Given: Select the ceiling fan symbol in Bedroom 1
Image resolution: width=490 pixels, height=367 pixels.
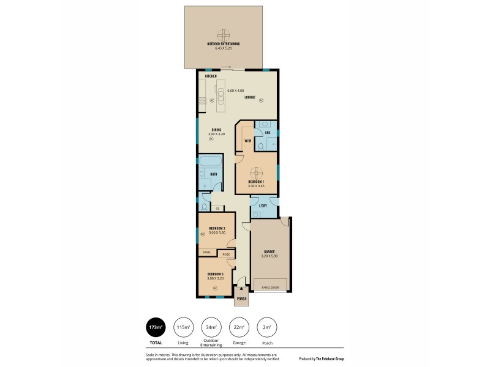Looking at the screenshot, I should click(x=257, y=172).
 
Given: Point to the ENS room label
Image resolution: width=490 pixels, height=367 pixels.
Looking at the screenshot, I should click(x=268, y=133).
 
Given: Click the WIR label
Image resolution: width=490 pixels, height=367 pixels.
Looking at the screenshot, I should click(x=247, y=141).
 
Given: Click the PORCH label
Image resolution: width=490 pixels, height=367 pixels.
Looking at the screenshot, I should click(x=241, y=299).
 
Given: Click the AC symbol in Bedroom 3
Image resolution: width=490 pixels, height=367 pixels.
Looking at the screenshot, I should click(x=215, y=287).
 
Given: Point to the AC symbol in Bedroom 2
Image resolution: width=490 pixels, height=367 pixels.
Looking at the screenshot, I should click(x=202, y=234).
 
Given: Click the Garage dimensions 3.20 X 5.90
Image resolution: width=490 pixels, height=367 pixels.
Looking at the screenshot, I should click(x=269, y=256).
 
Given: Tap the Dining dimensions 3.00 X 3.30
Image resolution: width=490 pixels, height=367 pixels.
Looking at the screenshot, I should click(x=216, y=133).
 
